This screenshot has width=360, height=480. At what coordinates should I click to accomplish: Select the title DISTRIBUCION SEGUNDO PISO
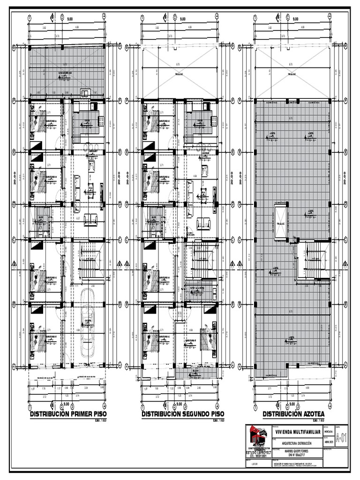pyautogui.click(x=183, y=414)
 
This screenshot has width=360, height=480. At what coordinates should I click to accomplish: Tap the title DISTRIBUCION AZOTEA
pyautogui.click(x=293, y=414)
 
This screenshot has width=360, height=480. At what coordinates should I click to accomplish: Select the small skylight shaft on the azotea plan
pyautogui.click(x=281, y=221)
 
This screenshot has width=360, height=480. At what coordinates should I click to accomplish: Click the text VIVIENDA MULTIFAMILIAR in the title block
pyautogui.click(x=298, y=431)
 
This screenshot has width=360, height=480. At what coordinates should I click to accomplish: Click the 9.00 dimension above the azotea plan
pyautogui.click(x=295, y=19)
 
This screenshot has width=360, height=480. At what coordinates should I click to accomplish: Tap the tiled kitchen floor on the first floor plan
pyautogui.click(x=85, y=122)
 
